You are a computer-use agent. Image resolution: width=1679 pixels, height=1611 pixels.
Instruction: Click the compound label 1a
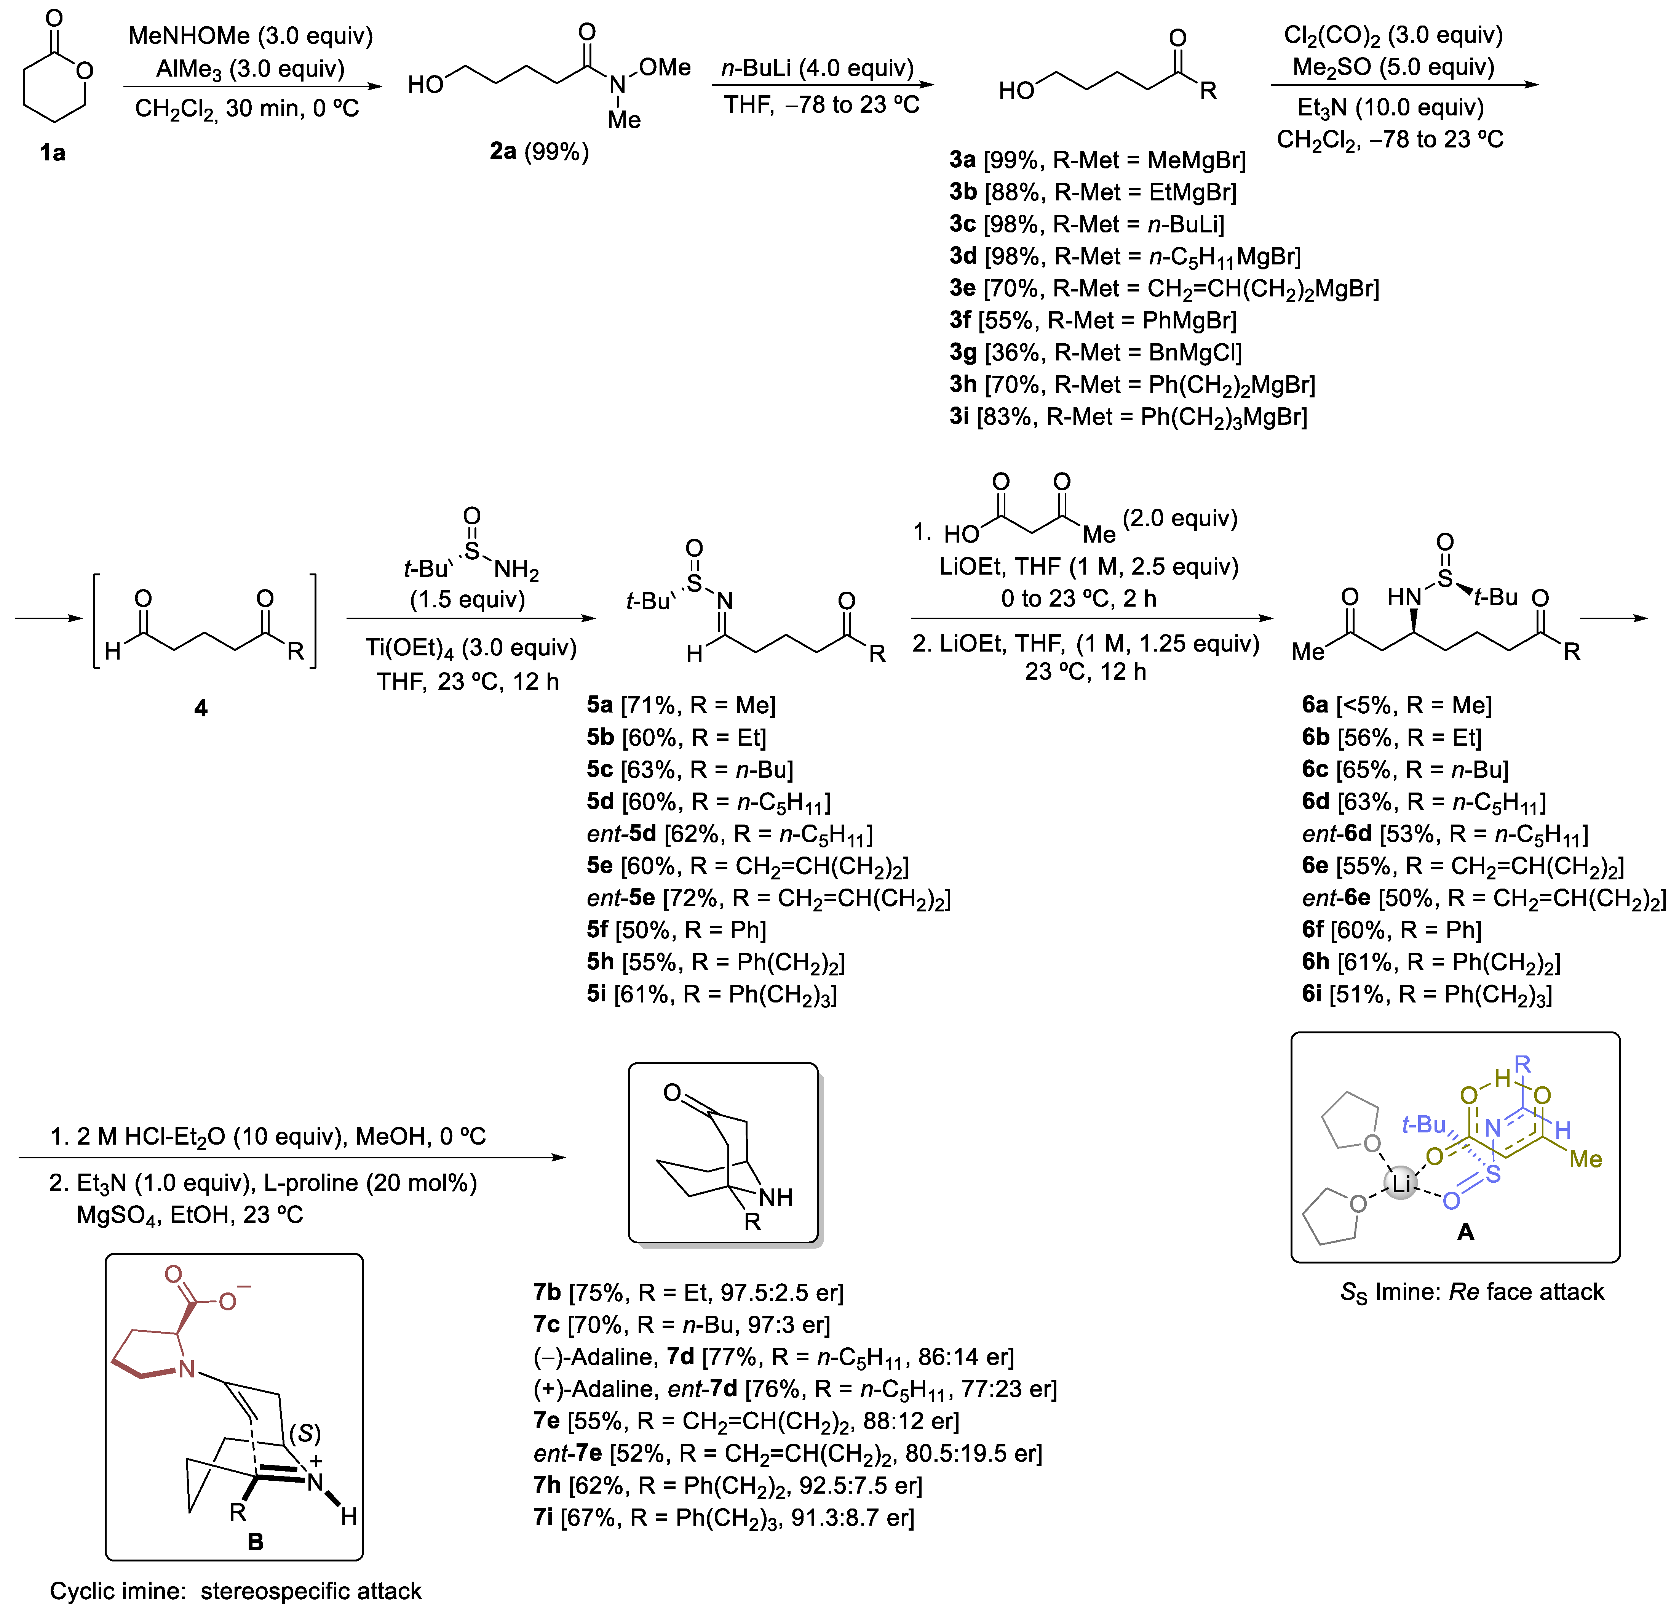(x=52, y=152)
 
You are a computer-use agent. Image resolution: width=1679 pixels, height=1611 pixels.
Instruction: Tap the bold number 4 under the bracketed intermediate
(x=200, y=708)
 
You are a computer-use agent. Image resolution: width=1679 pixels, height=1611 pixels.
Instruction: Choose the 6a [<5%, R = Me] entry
(x=1396, y=705)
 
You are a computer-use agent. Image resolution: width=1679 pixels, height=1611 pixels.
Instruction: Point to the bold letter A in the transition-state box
(x=1466, y=1231)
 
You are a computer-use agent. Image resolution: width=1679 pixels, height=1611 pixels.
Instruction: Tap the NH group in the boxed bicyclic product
(x=775, y=1197)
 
